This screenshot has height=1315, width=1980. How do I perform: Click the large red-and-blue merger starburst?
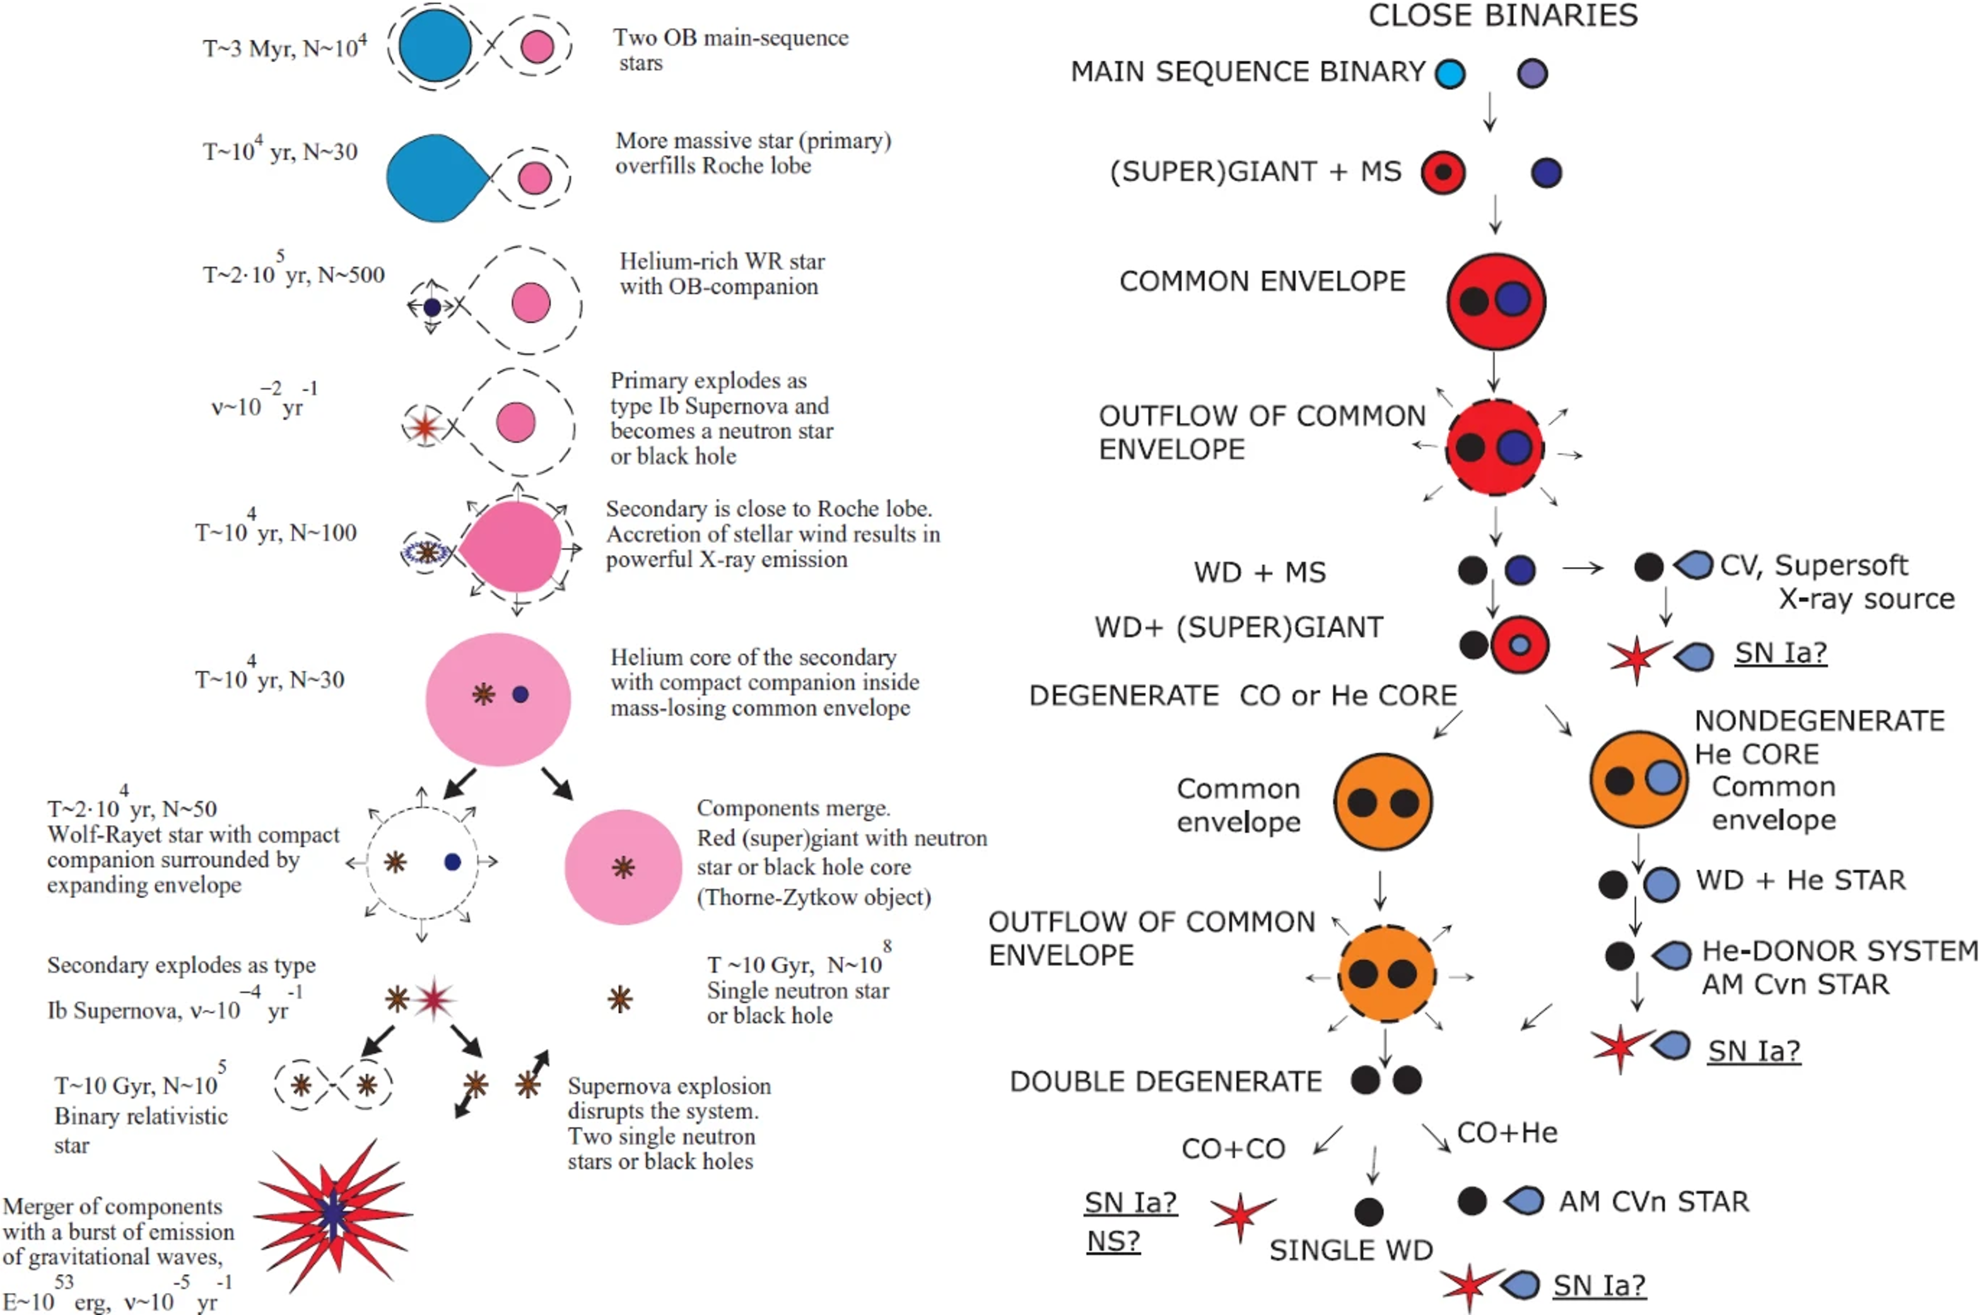pos(334,1213)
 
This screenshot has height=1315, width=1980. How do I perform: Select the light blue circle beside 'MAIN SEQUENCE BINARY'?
pos(1450,74)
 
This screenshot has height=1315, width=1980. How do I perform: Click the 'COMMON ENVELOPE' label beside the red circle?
pos(1262,281)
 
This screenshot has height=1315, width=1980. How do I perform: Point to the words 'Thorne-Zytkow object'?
pos(815,897)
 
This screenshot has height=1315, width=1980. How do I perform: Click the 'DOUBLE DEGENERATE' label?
pos(1166,1081)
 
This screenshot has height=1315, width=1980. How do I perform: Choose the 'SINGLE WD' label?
pos(1350,1251)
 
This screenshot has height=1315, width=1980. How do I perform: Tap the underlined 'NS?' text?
pos(1113,1241)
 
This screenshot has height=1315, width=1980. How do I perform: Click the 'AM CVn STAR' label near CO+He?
pos(1654,1201)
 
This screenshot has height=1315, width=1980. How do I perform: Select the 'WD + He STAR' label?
pos(1800,880)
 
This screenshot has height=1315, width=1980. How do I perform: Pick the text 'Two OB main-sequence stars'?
pos(730,49)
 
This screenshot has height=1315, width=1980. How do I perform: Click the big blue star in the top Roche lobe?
pos(435,46)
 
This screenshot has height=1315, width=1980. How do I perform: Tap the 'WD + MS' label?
pos(1260,572)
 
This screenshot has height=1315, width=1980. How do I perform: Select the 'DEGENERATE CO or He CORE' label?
pos(1242,695)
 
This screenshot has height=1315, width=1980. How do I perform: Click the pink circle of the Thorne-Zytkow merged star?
pos(623,867)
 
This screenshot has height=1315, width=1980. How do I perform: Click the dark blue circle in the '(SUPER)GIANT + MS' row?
pos(1545,173)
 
